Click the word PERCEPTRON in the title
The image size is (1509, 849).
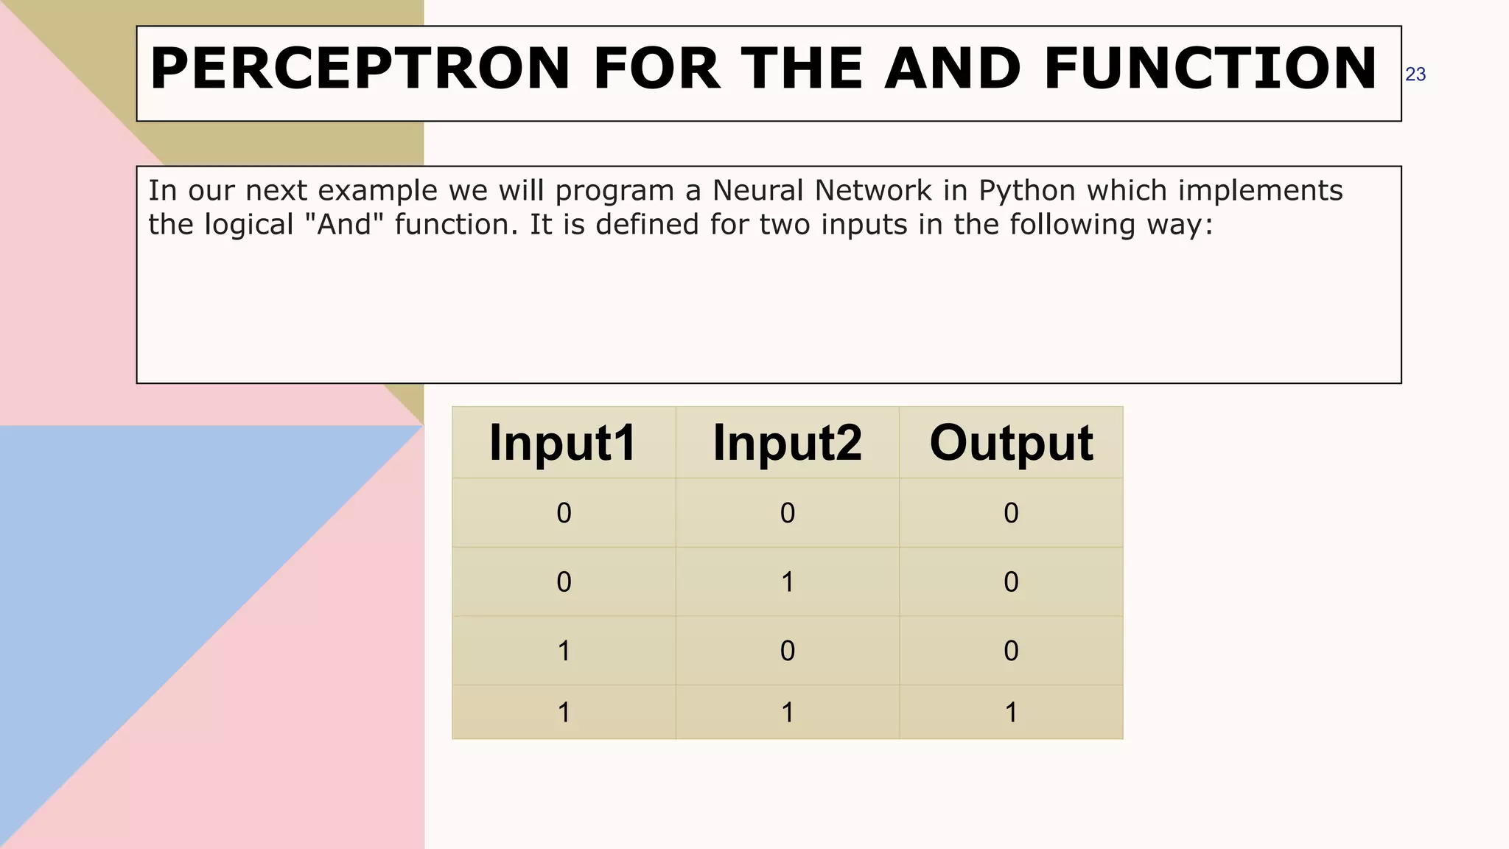(360, 69)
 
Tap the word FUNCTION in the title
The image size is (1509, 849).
(1209, 69)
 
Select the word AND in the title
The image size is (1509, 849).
(953, 69)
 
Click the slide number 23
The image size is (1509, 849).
(1415, 74)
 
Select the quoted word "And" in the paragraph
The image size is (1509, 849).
(344, 225)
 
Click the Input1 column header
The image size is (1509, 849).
(563, 443)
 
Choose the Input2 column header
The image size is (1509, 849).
(787, 443)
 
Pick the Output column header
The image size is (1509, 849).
(1011, 443)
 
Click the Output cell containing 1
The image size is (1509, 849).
(1011, 713)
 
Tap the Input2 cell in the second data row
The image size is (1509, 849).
(787, 582)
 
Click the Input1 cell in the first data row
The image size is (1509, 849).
(564, 513)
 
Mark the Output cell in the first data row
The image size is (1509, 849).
(1011, 513)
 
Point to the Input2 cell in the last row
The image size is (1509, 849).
(787, 713)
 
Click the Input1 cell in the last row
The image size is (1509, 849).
(564, 713)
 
